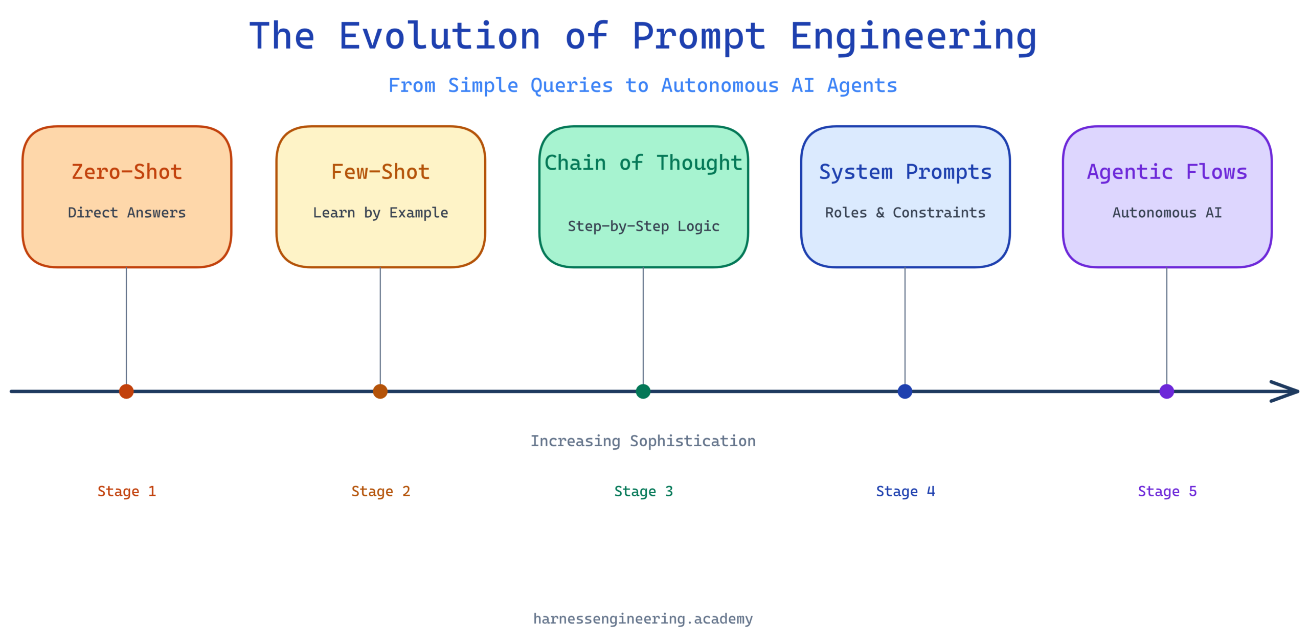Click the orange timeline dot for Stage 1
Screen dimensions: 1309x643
(x=126, y=392)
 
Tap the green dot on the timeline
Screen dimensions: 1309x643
(x=643, y=392)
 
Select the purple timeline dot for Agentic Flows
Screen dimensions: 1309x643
(x=1167, y=392)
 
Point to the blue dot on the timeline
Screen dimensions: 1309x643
(x=905, y=392)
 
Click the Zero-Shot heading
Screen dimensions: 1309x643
(x=127, y=172)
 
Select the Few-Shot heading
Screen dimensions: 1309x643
(x=380, y=172)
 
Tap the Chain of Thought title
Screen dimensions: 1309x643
(x=643, y=163)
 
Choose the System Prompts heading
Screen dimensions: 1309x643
(x=905, y=172)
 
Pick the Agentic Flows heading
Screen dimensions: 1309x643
(x=1167, y=172)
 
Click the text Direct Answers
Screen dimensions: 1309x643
(x=127, y=213)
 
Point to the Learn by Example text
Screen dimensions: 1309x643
(x=380, y=213)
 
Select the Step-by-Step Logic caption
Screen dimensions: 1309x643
(x=643, y=226)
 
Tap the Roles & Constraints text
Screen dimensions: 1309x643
(x=905, y=213)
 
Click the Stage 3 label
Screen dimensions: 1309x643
(x=643, y=492)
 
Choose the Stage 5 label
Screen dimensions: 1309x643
(x=1167, y=492)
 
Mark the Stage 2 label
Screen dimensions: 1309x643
(x=380, y=492)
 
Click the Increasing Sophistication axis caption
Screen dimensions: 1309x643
(x=643, y=441)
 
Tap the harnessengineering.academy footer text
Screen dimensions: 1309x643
(x=643, y=619)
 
